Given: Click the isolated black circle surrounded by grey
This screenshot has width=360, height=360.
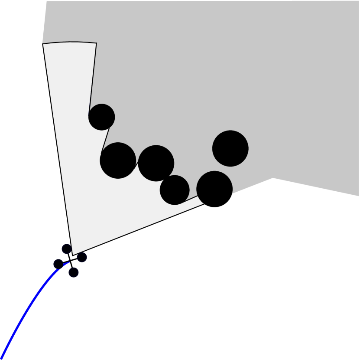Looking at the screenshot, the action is [x=230, y=148].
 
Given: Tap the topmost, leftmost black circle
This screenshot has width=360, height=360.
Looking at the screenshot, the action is [x=101, y=117].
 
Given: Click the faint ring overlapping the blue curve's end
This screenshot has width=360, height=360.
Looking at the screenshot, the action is [x=59, y=263].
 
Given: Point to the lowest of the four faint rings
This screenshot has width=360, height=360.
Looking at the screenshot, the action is [x=74, y=272].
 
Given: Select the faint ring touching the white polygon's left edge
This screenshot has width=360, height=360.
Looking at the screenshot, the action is [x=66, y=249].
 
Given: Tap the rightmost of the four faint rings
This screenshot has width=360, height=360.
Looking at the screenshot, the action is [x=82, y=257].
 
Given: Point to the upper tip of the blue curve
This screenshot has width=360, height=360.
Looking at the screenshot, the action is [x=69, y=262].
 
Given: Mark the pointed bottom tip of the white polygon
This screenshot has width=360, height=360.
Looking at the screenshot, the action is [x=72, y=255].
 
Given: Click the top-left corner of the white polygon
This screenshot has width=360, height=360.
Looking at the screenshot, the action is [x=43, y=44].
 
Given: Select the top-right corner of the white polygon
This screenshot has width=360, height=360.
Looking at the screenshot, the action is [x=96, y=43].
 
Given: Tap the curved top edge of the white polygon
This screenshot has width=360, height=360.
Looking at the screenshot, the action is [x=69, y=42].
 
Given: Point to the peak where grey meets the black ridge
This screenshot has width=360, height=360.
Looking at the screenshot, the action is [x=272, y=178].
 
